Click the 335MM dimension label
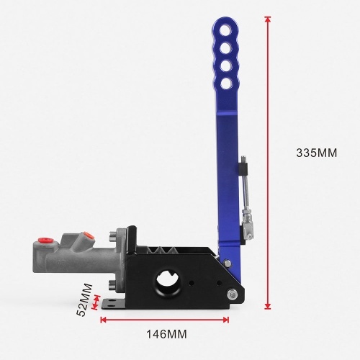pos(317,153)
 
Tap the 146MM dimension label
pos(166,334)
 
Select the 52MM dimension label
pos(84,300)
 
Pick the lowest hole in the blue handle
pos(226,83)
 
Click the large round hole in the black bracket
pos(167,282)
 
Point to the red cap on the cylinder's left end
pos(45,240)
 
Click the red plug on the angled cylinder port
pos(88,235)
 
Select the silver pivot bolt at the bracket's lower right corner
pos(233,294)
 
